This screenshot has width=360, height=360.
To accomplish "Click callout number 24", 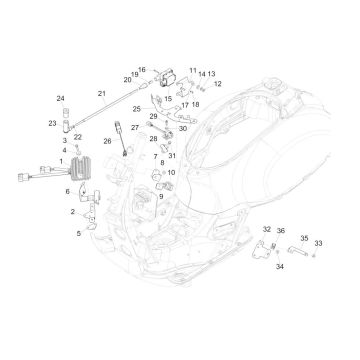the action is pyautogui.click(x=60, y=98).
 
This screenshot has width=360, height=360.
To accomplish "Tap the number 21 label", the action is pyautogui.click(x=101, y=92).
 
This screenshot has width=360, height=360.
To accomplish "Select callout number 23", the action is pyautogui.click(x=52, y=124).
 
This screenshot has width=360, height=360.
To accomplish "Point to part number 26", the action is pyautogui.click(x=108, y=141).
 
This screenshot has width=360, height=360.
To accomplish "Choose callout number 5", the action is pyautogui.click(x=68, y=191).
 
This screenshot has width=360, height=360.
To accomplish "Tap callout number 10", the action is pyautogui.click(x=171, y=173).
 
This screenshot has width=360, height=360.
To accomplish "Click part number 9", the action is pyautogui.click(x=160, y=197).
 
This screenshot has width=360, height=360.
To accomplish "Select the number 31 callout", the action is pyautogui.click(x=172, y=155).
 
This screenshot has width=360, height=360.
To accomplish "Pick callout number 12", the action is pyautogui.click(x=218, y=84).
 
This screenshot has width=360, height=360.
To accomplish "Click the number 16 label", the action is pyautogui.click(x=142, y=71).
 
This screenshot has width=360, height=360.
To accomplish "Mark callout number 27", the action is pyautogui.click(x=135, y=129).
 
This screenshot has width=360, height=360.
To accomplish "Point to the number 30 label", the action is pyautogui.click(x=183, y=128).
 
